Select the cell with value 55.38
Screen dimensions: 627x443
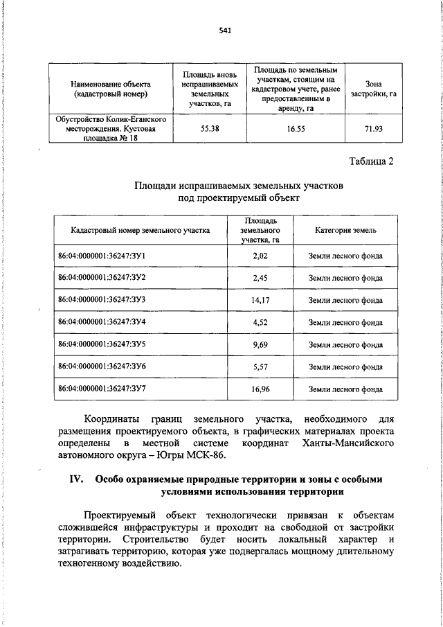pos(210,128)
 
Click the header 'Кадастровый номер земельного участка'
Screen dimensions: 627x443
pos(140,230)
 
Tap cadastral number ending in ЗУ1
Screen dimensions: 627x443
pos(102,256)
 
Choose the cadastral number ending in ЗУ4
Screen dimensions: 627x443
pos(102,322)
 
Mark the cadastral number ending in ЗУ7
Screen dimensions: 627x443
pos(102,389)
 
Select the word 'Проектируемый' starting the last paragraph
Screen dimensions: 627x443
pos(118,516)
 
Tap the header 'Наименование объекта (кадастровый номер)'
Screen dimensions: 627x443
pos(110,89)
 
